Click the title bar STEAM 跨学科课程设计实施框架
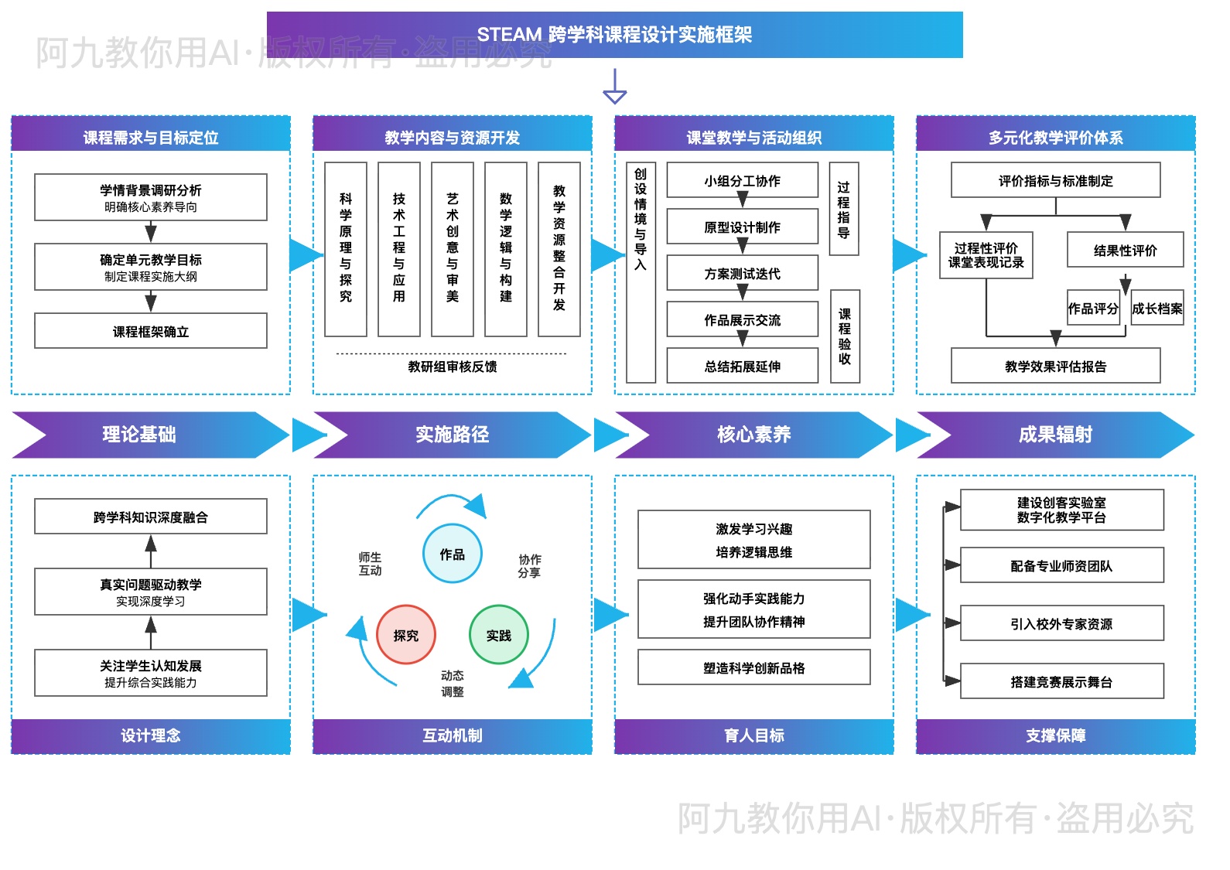(x=614, y=34)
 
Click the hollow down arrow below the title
(x=614, y=87)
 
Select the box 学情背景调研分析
(x=151, y=197)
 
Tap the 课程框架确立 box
(x=151, y=331)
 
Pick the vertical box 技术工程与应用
(x=398, y=249)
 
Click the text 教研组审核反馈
(x=453, y=367)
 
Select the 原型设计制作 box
(x=742, y=227)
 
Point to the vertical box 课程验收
(x=844, y=336)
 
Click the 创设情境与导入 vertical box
(x=641, y=272)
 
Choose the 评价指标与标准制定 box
(x=1055, y=180)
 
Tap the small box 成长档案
(x=1157, y=309)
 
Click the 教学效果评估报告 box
(x=1055, y=366)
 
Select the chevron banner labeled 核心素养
(x=753, y=435)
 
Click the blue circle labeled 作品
(x=453, y=554)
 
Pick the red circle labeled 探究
(x=406, y=635)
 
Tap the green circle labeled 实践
(x=499, y=635)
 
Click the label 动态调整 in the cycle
(x=453, y=684)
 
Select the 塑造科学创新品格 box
(x=753, y=667)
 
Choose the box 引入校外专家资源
(x=1061, y=623)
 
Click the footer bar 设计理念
(x=151, y=735)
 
